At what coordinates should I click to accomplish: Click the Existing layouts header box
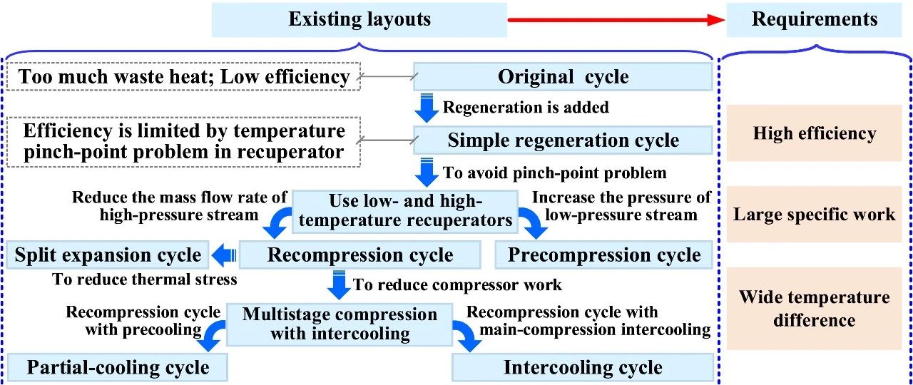pos(359,19)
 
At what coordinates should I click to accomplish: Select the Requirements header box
pos(814,19)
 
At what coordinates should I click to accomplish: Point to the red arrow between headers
pos(616,19)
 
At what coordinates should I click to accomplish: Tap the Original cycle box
pos(563,76)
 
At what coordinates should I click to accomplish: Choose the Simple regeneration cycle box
pos(563,140)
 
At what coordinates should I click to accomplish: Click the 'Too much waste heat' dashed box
pos(183,76)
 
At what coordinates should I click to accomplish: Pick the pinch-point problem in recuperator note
pos(183,142)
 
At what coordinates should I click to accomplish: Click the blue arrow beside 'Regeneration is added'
pos(427,108)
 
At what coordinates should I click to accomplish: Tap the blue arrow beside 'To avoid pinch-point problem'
pos(427,173)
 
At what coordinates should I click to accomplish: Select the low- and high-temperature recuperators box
pos(405,212)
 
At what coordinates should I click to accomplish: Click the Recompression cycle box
pos(360,255)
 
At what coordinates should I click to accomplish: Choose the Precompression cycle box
pos(603,255)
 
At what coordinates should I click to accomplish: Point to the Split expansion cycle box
pos(108,255)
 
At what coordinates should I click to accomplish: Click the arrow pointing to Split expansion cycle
pos(224,255)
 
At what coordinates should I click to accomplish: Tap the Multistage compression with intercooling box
pos(340,324)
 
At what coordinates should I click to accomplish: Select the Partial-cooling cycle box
pos(118,367)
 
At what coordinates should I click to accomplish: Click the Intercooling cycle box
pos(583,367)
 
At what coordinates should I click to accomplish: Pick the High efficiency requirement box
pos(814,133)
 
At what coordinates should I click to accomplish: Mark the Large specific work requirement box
pos(814,215)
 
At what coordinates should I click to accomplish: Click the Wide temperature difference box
pos(814,309)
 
